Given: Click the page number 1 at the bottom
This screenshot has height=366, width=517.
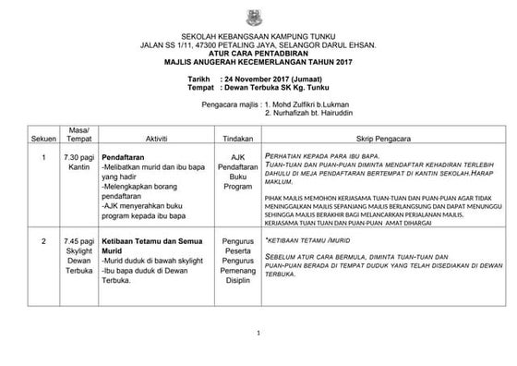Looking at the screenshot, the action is point(259,334).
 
